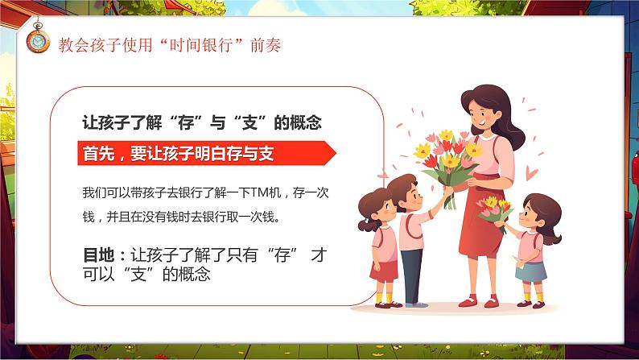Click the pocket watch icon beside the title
pyautogui.click(x=36, y=41)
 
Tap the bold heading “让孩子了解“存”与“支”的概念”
pyautogui.click(x=203, y=123)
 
